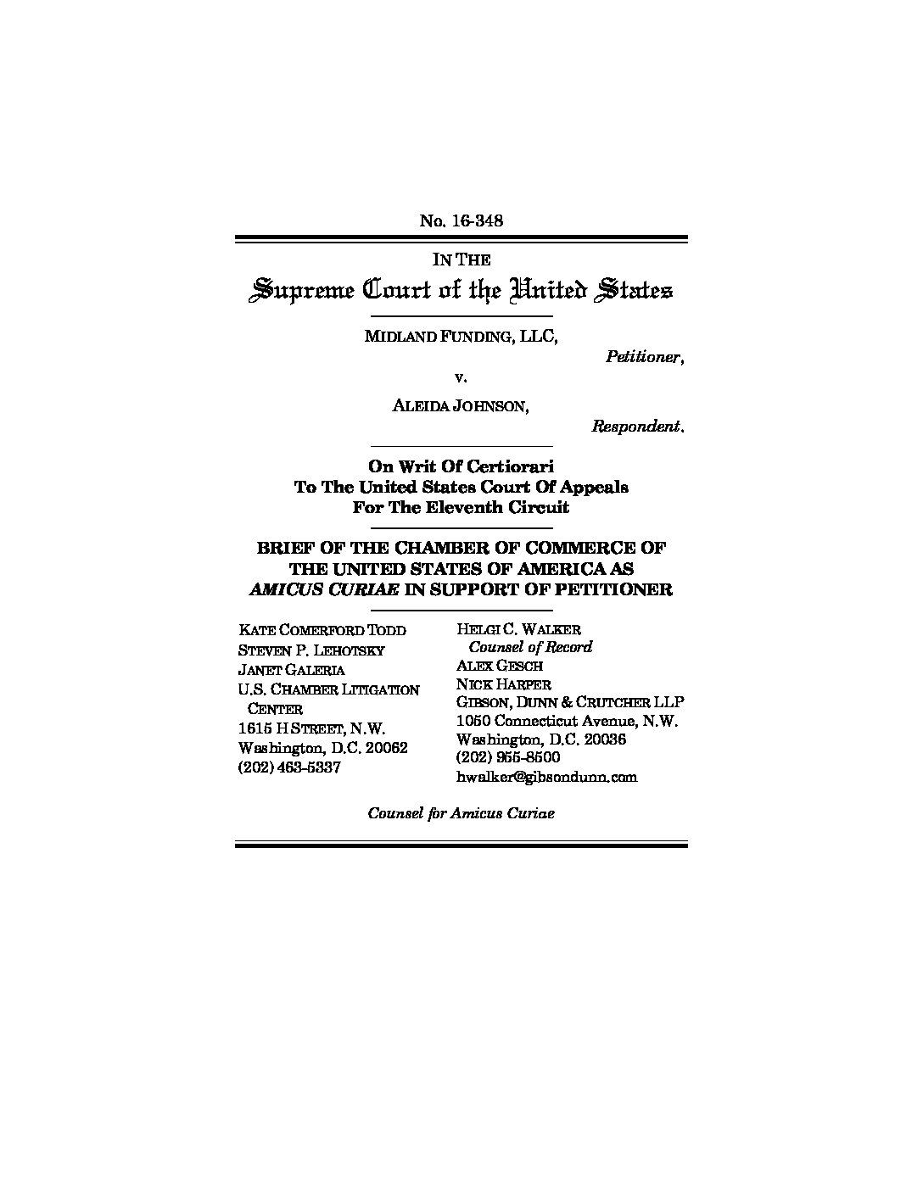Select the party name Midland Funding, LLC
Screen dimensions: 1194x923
[x=461, y=336]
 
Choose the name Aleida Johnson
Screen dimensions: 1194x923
[x=461, y=405]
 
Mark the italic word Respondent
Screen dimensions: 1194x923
[x=637, y=427]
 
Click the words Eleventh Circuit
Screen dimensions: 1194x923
[x=504, y=508]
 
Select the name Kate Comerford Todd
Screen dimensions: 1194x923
[x=322, y=630]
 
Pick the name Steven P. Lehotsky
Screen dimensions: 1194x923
[x=311, y=650]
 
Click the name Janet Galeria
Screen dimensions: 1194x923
[x=292, y=670]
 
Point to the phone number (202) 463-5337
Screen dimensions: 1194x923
[x=289, y=767]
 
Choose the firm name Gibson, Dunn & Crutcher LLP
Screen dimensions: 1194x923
[x=570, y=703]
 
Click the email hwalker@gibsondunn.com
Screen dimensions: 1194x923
[x=546, y=777]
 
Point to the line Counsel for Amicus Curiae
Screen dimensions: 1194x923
[x=461, y=812]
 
